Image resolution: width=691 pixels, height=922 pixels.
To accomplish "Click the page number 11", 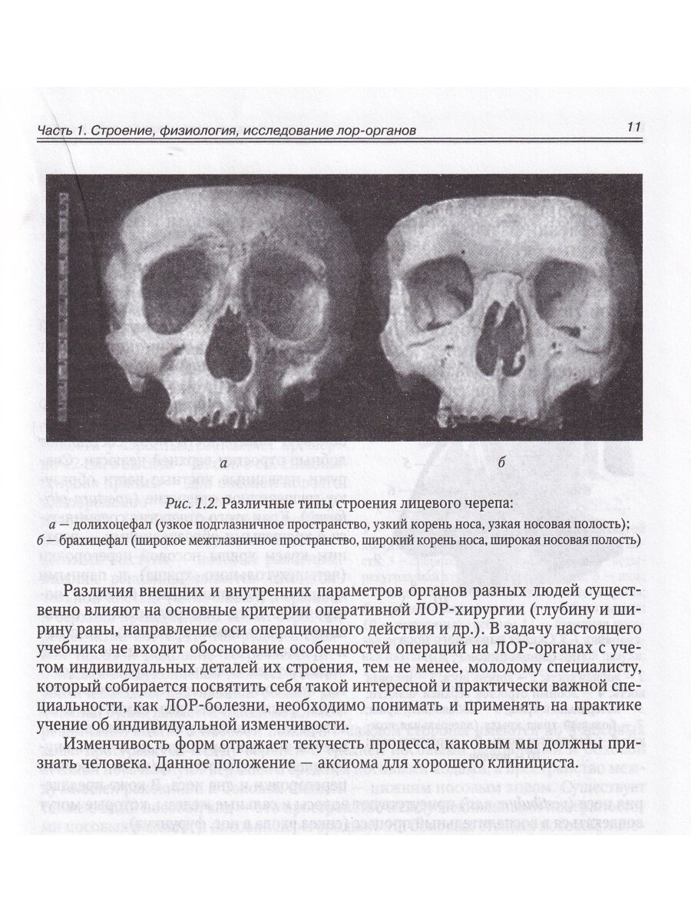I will click(x=633, y=127).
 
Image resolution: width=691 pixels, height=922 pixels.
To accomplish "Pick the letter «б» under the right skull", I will click(x=501, y=463).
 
